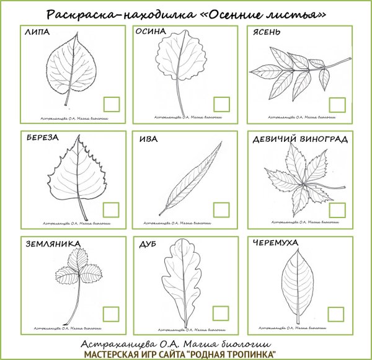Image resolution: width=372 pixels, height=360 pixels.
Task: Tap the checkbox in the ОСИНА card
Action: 221,105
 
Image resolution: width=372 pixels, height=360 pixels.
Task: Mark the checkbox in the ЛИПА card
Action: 112,105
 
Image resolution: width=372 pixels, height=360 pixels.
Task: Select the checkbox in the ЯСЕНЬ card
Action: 337,105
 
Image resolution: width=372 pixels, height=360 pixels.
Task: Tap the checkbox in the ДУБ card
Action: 221,314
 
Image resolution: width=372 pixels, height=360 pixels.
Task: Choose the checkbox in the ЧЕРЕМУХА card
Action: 337,314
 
